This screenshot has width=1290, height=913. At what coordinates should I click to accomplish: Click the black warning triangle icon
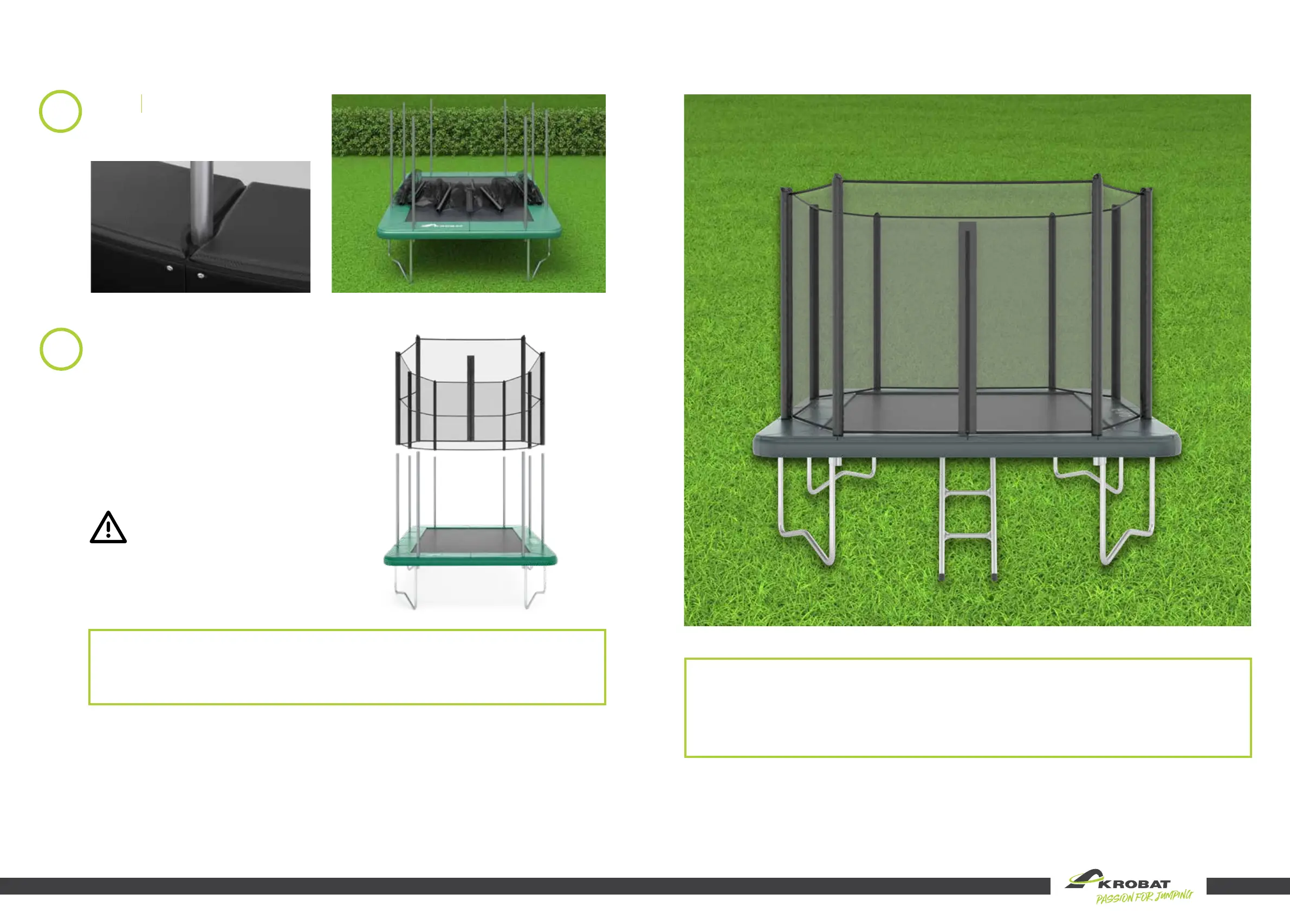[x=108, y=528]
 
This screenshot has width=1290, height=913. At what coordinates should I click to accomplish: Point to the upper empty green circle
[x=60, y=111]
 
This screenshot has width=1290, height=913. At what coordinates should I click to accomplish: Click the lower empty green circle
[x=61, y=349]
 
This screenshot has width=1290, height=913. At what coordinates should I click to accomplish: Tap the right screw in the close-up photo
[x=201, y=276]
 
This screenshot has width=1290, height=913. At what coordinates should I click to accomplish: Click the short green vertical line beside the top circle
[x=141, y=104]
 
